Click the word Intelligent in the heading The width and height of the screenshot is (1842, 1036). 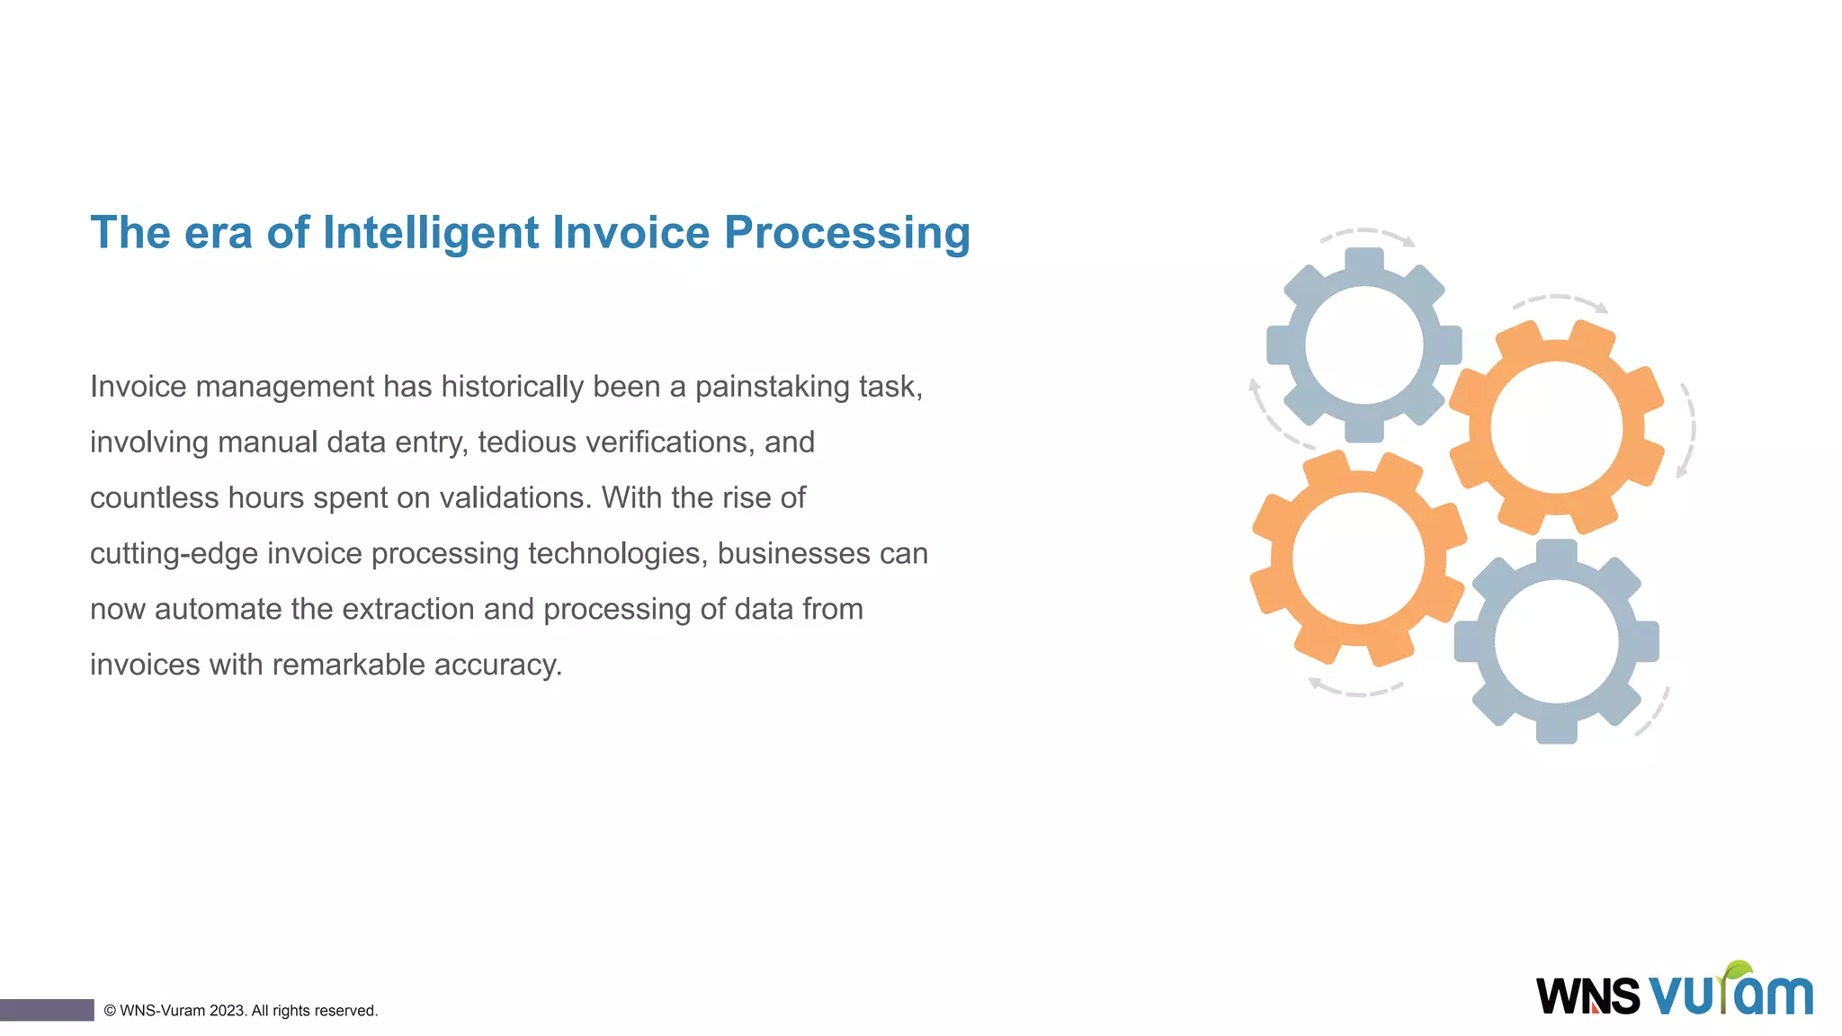pyautogui.click(x=431, y=233)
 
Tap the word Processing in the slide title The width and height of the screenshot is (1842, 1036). pyautogui.click(x=846, y=233)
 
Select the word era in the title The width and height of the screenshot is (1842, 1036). pyautogui.click(x=219, y=233)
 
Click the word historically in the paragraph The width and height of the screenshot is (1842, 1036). pyautogui.click(x=513, y=387)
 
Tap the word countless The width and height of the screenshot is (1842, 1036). pyautogui.click(x=152, y=498)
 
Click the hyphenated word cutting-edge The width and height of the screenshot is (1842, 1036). pyautogui.click(x=174, y=554)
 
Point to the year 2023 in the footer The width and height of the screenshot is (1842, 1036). pyautogui.click(x=227, y=1011)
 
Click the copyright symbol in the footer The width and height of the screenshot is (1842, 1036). pyautogui.click(x=110, y=1011)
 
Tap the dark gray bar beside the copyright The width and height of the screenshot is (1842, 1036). pyautogui.click(x=47, y=1010)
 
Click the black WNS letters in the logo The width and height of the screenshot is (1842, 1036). pyautogui.click(x=1587, y=996)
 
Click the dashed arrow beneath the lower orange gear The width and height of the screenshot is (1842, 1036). pyautogui.click(x=1355, y=689)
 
